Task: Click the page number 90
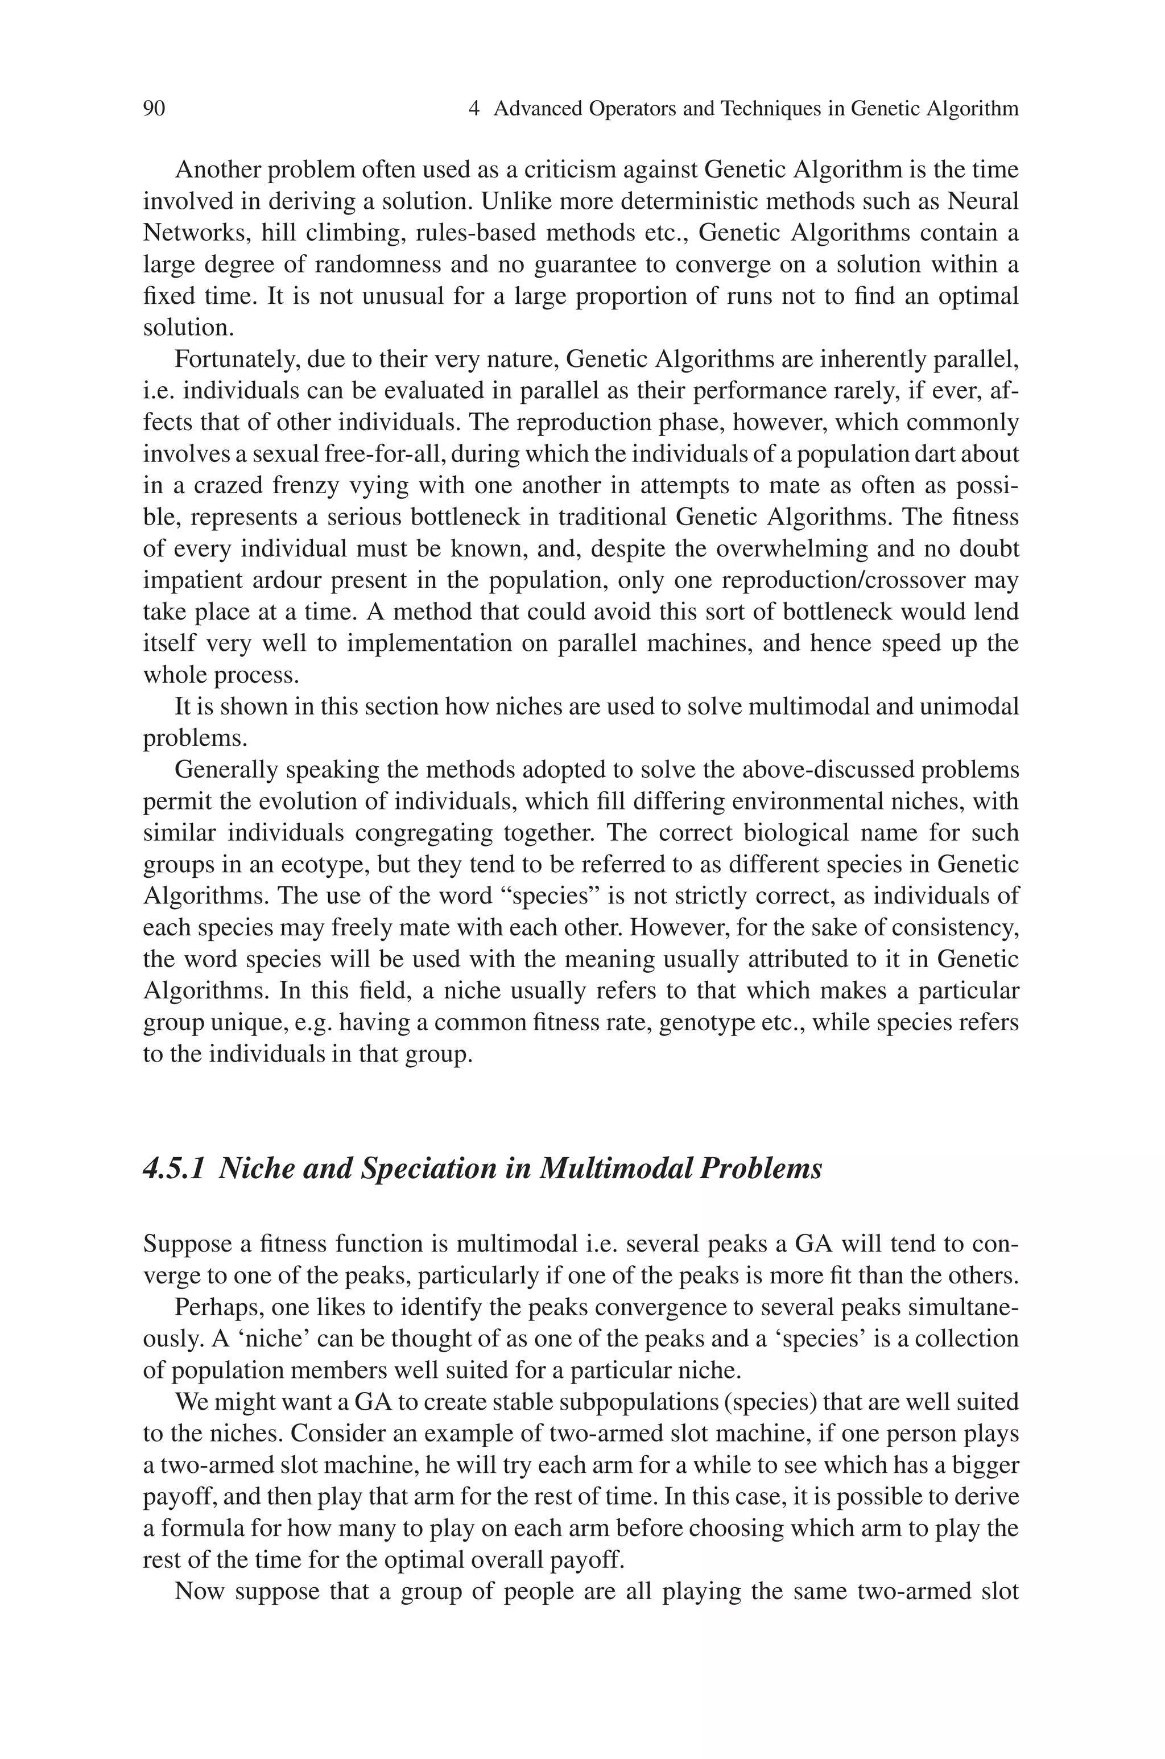point(154,109)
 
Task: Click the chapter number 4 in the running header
point(474,109)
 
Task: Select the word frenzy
point(313,486)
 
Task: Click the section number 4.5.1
point(173,1168)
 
